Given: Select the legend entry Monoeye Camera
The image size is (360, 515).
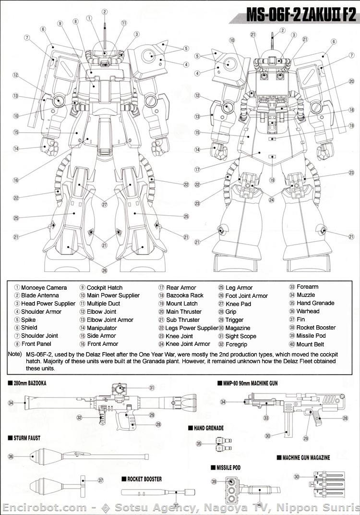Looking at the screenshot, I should pyautogui.click(x=44, y=287).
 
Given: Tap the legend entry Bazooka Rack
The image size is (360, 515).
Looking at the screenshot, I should pyautogui.click(x=185, y=295).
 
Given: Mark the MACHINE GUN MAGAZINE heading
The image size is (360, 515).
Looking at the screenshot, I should pyautogui.click(x=303, y=457).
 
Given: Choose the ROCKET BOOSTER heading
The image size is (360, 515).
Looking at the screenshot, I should pyautogui.click(x=144, y=479).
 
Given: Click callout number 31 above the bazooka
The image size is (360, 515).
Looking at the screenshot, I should pyautogui.click(x=152, y=388).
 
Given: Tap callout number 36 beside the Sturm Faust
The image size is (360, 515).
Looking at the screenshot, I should pyautogui.click(x=11, y=457).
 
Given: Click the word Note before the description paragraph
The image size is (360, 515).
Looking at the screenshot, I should pyautogui.click(x=14, y=354).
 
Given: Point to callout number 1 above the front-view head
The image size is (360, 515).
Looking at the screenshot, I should pyautogui.click(x=89, y=18).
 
